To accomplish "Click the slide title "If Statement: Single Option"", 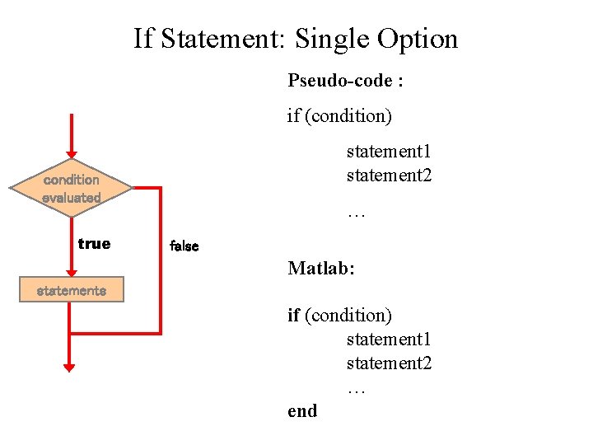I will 296,38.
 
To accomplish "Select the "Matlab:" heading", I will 321,268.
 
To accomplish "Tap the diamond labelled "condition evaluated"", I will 71,189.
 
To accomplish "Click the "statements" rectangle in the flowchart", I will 71,290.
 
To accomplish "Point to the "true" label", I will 94,243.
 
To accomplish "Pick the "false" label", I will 184,246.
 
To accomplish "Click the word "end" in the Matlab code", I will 302,410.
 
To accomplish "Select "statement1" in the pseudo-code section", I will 389,152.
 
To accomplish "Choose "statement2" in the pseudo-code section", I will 389,176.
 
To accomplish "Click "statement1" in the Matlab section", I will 389,340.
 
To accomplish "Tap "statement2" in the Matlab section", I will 389,363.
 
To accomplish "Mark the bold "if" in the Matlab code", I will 293,315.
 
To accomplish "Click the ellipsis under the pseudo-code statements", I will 356,213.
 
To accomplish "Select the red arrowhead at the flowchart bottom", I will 69,366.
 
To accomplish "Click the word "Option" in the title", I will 418,38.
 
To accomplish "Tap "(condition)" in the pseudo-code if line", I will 348,115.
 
